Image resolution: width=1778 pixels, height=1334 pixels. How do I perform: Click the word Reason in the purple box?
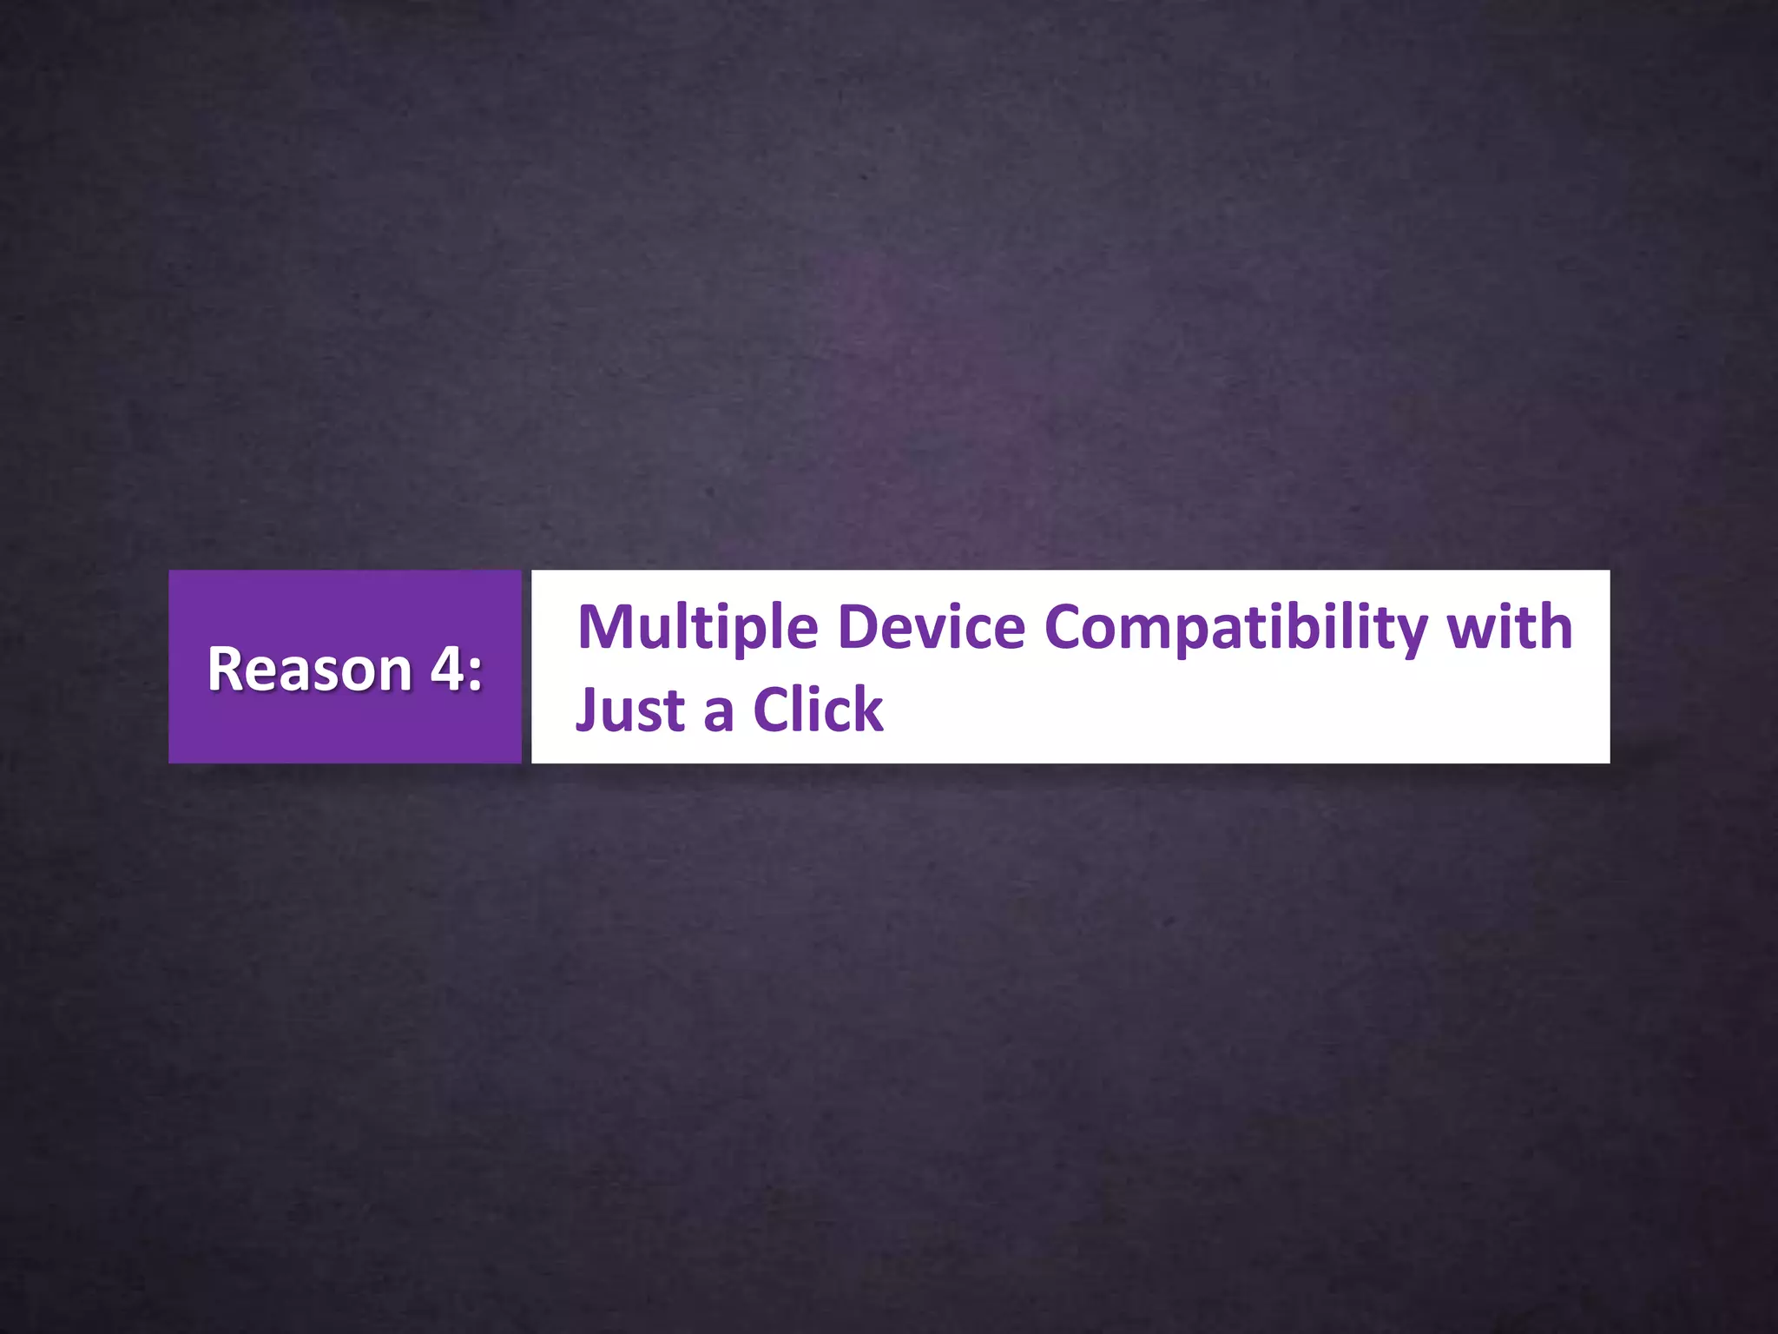(309, 670)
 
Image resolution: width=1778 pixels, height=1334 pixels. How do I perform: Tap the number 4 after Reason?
(448, 670)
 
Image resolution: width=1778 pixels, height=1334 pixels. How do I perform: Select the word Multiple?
(698, 628)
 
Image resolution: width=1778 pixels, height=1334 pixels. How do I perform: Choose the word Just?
(630, 710)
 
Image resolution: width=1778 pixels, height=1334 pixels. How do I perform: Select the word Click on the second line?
(818, 710)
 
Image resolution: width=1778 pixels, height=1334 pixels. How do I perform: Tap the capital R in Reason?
(225, 670)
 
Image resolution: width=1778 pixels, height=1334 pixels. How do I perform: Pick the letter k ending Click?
(867, 710)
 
